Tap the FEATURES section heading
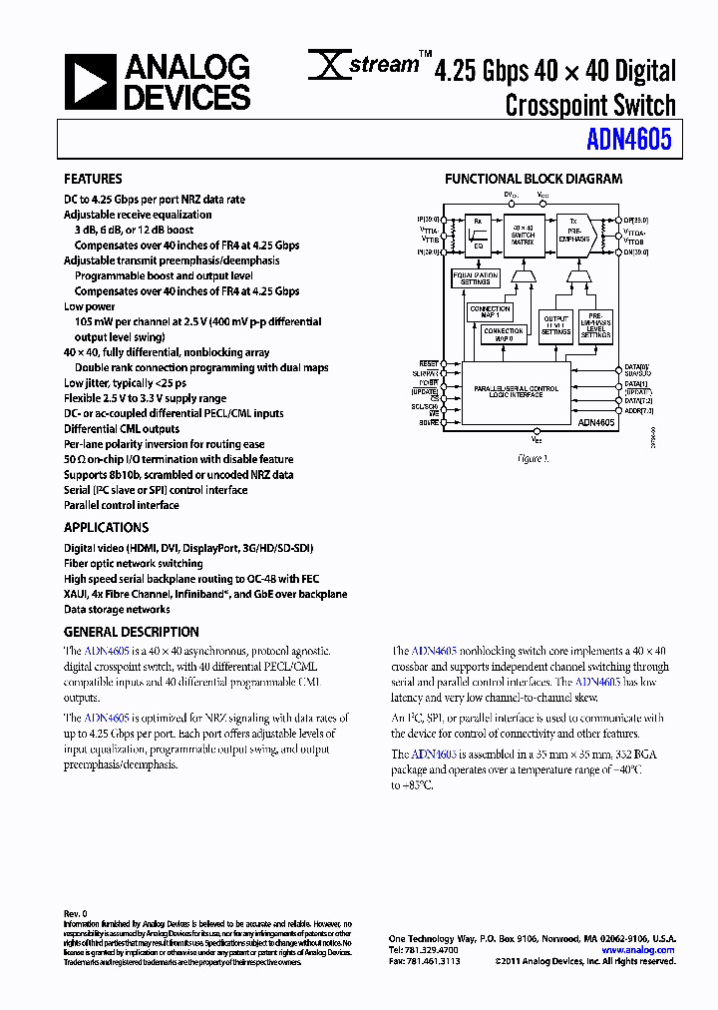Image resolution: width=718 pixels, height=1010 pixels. pyautogui.click(x=93, y=180)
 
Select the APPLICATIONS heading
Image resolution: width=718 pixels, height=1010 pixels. pyautogui.click(x=106, y=527)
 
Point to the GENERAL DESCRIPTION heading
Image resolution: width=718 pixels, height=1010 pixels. pyautogui.click(x=132, y=632)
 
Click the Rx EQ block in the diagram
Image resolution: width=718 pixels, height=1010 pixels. pyautogui.click(x=478, y=235)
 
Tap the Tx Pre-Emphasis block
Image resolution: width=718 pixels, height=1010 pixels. pyautogui.click(x=573, y=237)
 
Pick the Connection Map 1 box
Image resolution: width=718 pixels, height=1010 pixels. pyautogui.click(x=490, y=312)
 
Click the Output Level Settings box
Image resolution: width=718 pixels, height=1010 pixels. pyautogui.click(x=555, y=326)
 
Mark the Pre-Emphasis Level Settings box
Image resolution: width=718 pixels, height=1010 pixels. pyautogui.click(x=595, y=326)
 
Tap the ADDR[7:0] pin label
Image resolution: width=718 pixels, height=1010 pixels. pyautogui.click(x=637, y=409)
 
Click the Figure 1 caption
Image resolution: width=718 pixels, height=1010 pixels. pyautogui.click(x=533, y=459)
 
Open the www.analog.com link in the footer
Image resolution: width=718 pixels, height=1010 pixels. pyautogui.click(x=643, y=950)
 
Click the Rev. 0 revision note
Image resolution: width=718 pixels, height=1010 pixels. pyautogui.click(x=76, y=913)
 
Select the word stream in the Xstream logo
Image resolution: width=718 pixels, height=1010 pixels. pyautogui.click(x=387, y=66)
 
